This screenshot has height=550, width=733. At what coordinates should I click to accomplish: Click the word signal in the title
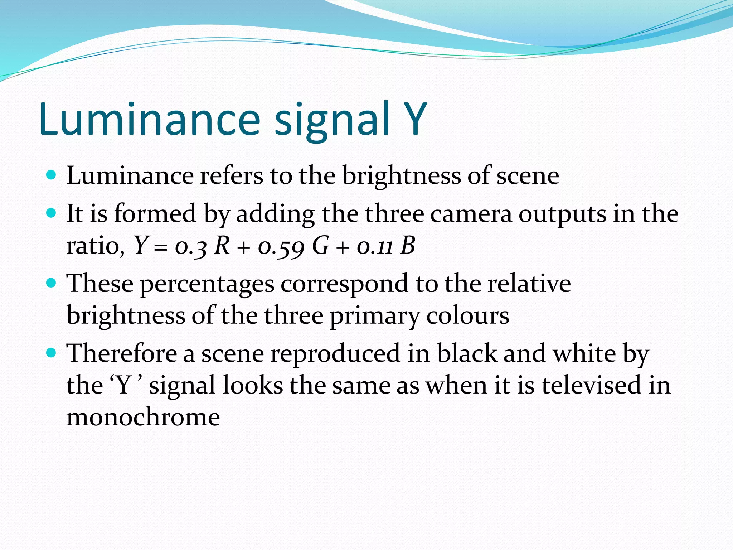(331, 122)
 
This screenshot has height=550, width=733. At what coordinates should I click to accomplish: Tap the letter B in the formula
(408, 246)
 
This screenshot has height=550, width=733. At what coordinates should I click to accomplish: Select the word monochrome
(143, 417)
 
